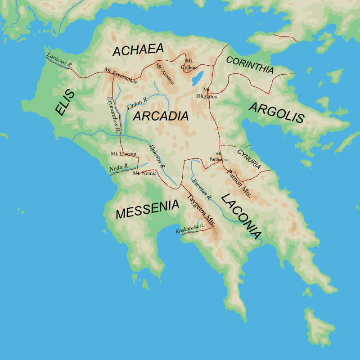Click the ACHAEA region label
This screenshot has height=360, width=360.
point(137,50)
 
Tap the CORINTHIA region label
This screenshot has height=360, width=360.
point(250,65)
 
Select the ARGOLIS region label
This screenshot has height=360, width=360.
point(276,113)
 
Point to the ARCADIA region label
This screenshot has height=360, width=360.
point(161,116)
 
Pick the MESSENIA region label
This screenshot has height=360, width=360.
point(147,210)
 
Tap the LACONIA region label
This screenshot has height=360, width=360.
point(241,216)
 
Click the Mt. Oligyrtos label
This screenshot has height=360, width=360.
point(207,93)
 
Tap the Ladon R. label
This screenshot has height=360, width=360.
point(137,104)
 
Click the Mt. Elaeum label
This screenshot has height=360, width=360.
point(123,153)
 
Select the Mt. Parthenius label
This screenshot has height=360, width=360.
point(219,157)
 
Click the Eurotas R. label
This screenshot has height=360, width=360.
point(201,189)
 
